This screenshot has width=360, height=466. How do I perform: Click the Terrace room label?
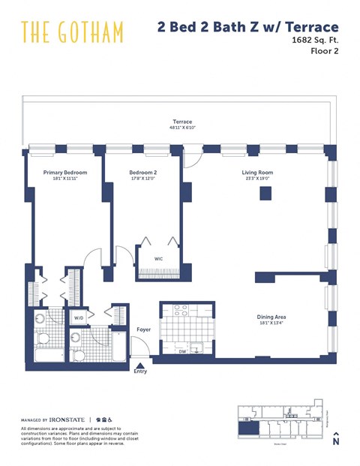(x=182, y=122)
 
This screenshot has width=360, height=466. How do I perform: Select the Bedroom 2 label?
(x=142, y=173)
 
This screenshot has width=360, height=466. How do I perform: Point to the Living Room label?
(x=256, y=173)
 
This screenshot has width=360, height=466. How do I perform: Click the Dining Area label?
(x=271, y=317)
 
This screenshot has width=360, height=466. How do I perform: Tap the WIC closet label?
(x=159, y=259)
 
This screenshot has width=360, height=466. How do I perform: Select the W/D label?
(x=79, y=317)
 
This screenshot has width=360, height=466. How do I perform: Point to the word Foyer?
(x=143, y=329)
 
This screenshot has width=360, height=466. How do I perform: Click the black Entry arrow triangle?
(x=140, y=364)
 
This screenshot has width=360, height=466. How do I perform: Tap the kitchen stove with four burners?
(x=180, y=310)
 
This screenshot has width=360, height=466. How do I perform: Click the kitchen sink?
(x=198, y=347)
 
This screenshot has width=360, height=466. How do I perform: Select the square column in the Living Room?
(x=265, y=194)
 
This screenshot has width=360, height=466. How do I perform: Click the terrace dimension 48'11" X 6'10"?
(x=182, y=128)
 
